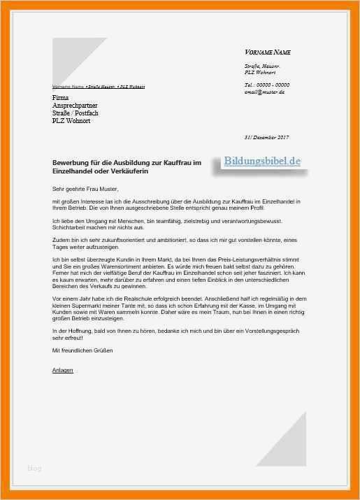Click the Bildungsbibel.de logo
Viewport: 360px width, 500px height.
(x=263, y=162)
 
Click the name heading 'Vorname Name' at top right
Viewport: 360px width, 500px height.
(x=267, y=52)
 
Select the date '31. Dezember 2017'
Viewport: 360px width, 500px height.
(x=266, y=137)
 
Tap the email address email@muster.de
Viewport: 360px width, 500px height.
(x=264, y=92)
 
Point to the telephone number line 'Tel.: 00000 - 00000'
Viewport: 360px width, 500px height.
(x=267, y=85)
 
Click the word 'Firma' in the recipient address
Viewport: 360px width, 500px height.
(x=61, y=97)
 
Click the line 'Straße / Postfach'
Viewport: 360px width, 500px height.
(x=75, y=113)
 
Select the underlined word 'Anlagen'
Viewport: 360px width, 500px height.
(x=62, y=370)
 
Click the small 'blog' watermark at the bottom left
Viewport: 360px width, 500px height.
(x=34, y=468)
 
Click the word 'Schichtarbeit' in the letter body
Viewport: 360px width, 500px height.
(x=69, y=228)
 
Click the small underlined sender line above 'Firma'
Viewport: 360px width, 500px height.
(x=99, y=87)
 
